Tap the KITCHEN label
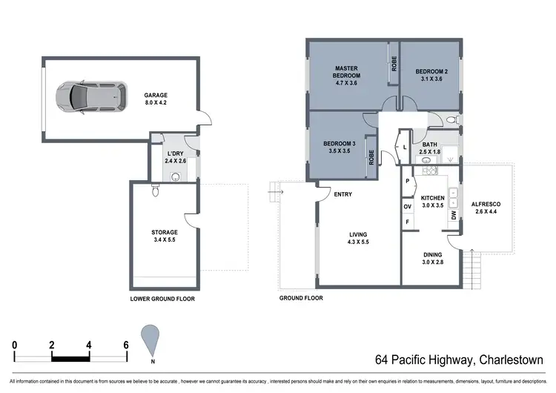432,202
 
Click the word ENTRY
342,195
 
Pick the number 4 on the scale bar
89,345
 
